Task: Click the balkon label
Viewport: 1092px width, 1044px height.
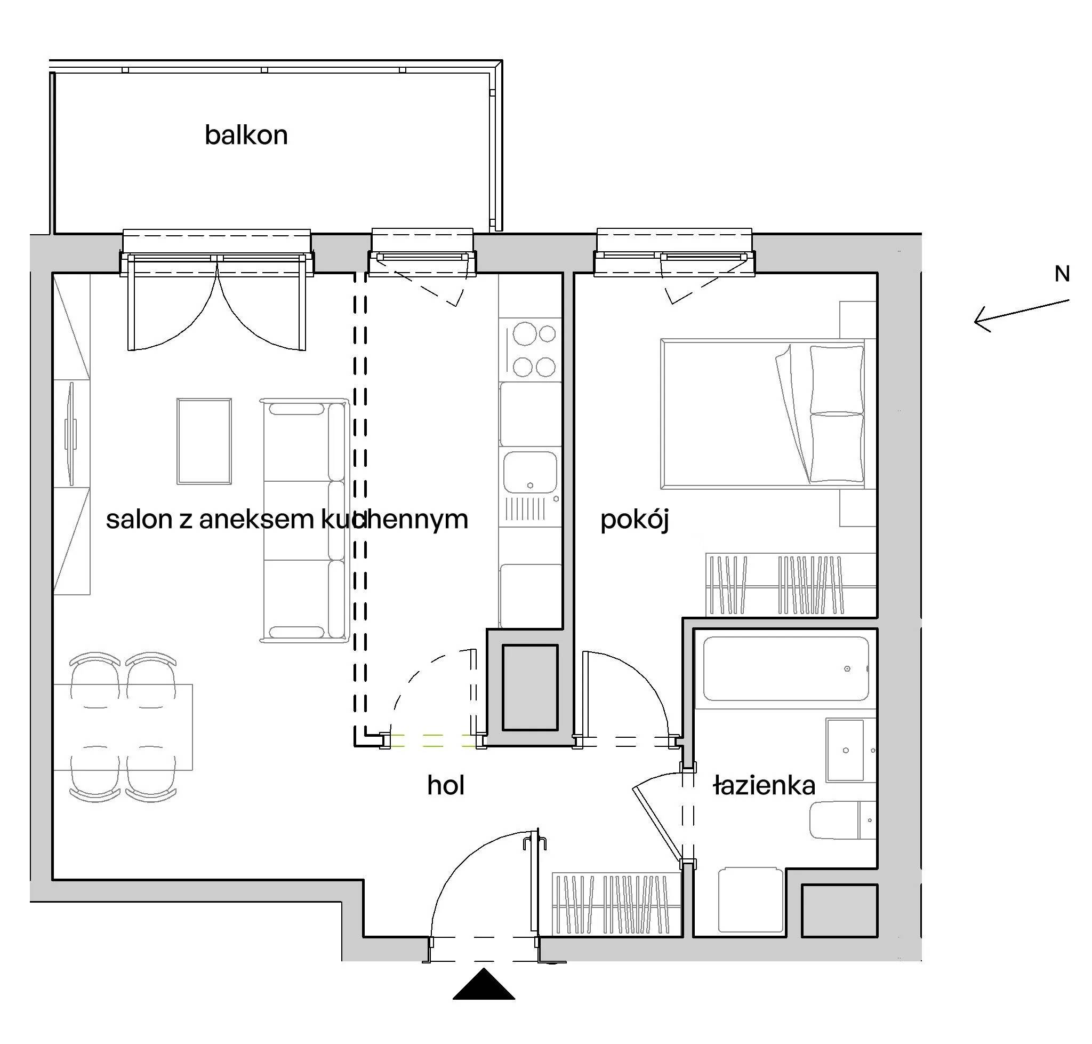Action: coord(246,135)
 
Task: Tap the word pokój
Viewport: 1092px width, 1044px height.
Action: coord(634,520)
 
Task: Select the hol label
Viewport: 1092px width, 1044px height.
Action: coord(446,785)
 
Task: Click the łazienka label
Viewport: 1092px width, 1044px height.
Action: coord(764,785)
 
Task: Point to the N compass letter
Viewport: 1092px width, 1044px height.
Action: coord(1063,274)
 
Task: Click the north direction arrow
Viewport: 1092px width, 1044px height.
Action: coord(1022,315)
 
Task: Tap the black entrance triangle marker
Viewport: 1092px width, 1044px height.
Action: coord(484,983)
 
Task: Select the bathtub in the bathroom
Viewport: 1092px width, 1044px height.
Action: coord(785,669)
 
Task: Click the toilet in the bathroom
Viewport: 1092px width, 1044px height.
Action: coord(842,820)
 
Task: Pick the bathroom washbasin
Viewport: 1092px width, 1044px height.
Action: coord(845,750)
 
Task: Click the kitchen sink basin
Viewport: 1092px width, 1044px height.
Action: coord(530,472)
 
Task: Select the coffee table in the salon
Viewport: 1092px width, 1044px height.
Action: coord(204,441)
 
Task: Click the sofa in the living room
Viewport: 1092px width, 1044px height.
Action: coord(305,520)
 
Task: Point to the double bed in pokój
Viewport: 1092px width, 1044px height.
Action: coord(762,413)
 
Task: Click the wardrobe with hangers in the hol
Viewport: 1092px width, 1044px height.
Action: coord(617,904)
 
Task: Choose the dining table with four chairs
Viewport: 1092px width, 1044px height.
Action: coord(123,727)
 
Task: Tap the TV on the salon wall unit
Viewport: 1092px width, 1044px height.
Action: coord(70,433)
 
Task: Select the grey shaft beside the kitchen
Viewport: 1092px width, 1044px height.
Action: coord(529,687)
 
